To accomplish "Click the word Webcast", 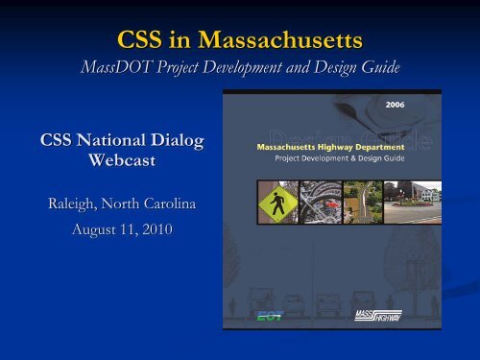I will [117, 162].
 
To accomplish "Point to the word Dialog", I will [174, 143].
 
